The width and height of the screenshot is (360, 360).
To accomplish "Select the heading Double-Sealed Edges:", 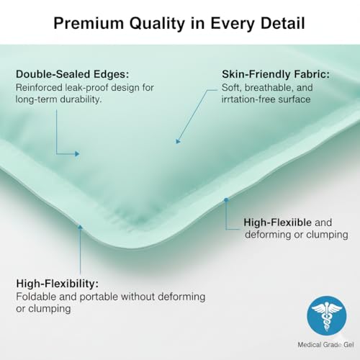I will (x=71, y=74).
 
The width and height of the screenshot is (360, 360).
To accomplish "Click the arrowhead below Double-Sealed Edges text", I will (x=78, y=153).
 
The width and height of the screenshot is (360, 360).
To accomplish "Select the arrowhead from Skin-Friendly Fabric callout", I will (x=177, y=142).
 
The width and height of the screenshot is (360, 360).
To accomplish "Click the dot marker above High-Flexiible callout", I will (x=226, y=199).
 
